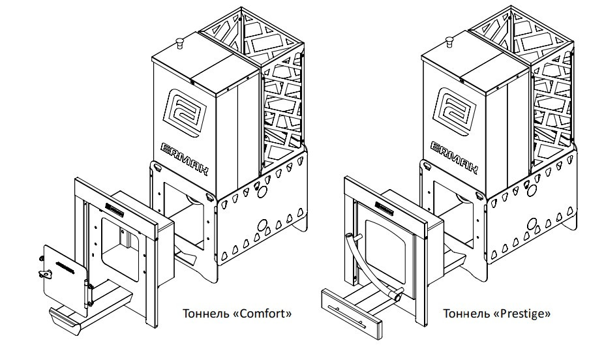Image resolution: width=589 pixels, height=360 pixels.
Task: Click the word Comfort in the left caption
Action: pyautogui.click(x=264, y=314)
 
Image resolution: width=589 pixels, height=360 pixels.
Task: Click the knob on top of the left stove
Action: pyautogui.click(x=179, y=43)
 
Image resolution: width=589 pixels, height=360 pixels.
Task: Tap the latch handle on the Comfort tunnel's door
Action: pyautogui.click(x=46, y=274)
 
